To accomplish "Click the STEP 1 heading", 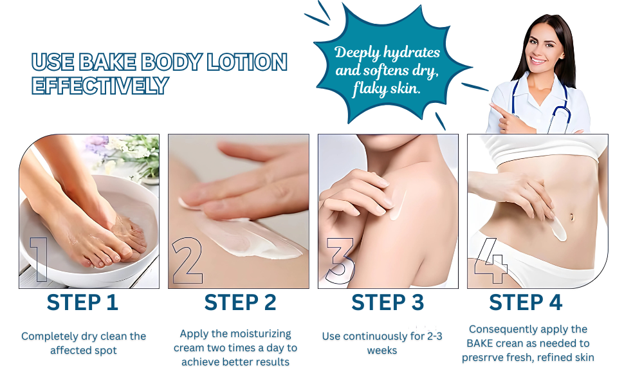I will pos(82,302).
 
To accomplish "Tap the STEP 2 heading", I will pos(240,302).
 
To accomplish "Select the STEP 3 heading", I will pos(387,302).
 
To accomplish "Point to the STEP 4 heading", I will pos(526,302).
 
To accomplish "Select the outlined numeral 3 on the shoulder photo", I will pos(340,261).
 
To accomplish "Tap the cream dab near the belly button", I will pos(558,229).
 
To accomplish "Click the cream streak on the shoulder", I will pos(397,205).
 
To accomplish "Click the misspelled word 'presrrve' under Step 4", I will pos(485,358).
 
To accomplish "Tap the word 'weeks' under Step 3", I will pos(381,351).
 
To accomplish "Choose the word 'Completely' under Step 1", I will pos(50,336).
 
